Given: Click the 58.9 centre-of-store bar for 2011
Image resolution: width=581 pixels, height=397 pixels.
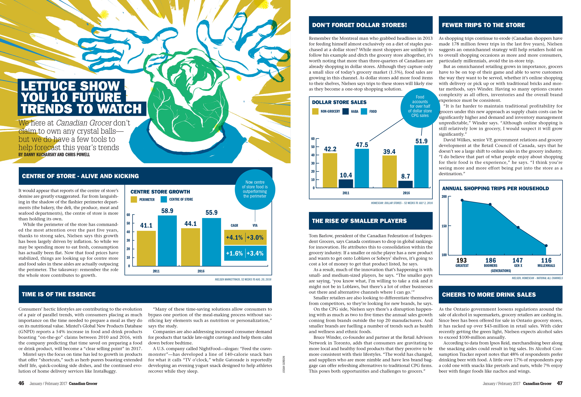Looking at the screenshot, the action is (167, 241).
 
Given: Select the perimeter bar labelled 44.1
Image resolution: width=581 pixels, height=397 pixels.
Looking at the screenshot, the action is (190, 247).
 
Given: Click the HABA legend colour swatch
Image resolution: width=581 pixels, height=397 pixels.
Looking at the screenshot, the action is (346, 111).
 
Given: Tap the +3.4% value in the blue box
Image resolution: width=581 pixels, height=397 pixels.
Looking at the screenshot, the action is (255, 253).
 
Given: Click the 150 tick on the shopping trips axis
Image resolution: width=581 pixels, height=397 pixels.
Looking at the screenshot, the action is (444, 226).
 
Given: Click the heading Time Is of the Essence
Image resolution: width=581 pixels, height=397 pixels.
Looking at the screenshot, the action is (59, 294).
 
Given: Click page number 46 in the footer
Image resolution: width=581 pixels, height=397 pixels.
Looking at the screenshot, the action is (21, 383).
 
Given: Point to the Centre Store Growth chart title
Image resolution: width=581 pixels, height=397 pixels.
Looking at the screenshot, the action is (160, 192).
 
